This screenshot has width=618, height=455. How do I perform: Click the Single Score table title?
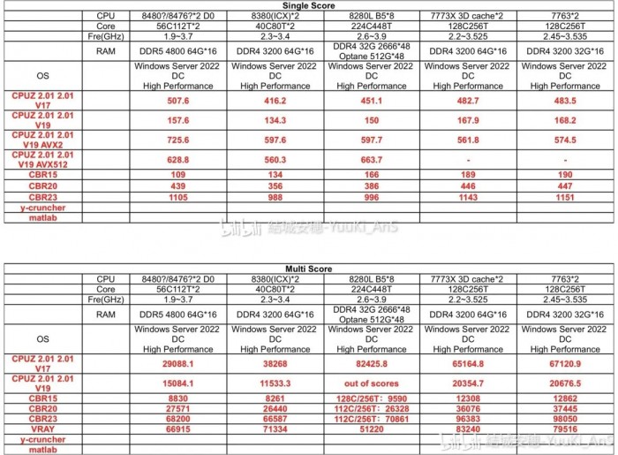coord(308,5)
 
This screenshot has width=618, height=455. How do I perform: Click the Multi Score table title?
coord(308,268)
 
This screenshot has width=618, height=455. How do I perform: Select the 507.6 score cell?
coord(177,101)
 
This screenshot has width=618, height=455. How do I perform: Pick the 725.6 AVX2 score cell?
coord(177,140)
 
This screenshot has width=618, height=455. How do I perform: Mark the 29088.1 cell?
coord(177,363)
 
